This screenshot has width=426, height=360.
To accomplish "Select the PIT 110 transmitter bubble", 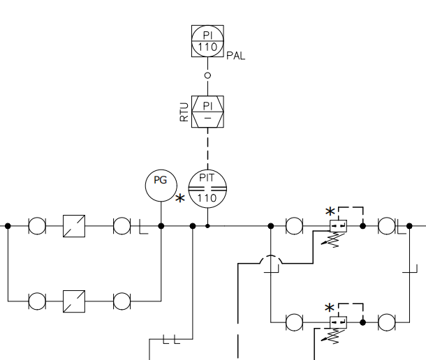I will coord(208,186).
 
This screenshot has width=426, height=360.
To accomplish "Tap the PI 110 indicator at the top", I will coord(207,41).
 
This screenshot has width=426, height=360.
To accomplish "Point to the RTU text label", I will coord(184,113).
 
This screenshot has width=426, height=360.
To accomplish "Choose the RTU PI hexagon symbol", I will coord(207,112).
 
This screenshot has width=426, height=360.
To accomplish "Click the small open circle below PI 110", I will coord(207,75).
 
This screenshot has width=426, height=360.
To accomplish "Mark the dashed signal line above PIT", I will coord(207,148).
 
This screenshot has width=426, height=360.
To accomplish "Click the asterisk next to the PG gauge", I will coord(180,200).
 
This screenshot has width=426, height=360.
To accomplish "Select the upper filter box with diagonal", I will coord(74,226).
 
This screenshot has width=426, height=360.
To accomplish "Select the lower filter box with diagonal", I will coord(74,302).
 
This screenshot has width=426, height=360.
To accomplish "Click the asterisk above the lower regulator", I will coord(330,308).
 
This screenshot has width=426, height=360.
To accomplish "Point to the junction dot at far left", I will coord(8,226).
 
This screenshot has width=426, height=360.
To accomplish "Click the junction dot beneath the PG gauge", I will coord(161,226).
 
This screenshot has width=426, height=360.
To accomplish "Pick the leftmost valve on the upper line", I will coord(36,226).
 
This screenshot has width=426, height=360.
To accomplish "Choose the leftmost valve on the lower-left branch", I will coord(36,302).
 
